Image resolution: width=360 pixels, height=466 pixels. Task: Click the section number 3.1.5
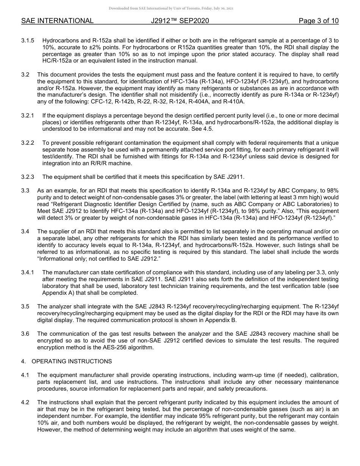click(x=28, y=40)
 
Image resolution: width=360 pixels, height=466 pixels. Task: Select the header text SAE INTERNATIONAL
click(x=57, y=21)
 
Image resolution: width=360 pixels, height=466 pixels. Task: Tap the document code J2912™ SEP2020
click(x=180, y=21)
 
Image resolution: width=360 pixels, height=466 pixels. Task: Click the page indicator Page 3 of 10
click(x=318, y=21)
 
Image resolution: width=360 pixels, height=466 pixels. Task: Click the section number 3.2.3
click(x=28, y=177)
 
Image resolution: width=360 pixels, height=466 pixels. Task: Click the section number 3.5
click(x=25, y=306)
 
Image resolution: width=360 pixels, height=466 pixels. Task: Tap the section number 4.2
click(x=25, y=402)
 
